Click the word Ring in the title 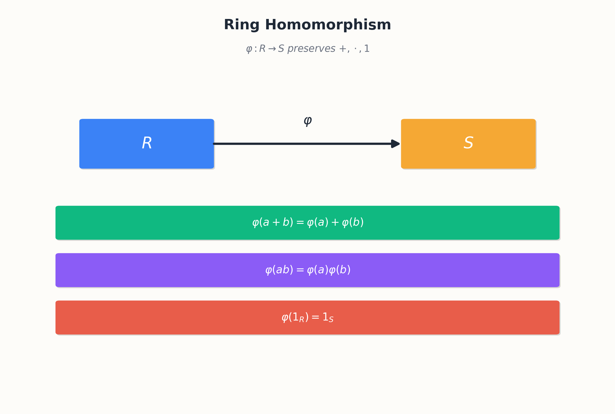coord(242,25)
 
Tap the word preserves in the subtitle coord(311,49)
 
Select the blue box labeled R coord(147,144)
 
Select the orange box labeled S coord(468,144)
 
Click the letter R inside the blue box coord(147,143)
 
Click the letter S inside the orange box coord(468,143)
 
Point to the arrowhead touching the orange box coord(395,144)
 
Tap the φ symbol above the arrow coord(307,121)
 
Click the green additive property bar coord(307,223)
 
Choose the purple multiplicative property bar coord(307,270)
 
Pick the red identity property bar coord(307,318)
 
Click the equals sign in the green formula coord(300,222)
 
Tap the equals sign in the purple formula coord(300,270)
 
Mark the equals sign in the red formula coord(315,317)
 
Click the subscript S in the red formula coord(331,319)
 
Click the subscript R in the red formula coord(302,319)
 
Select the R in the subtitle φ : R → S coord(262,49)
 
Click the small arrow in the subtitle coord(272,49)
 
